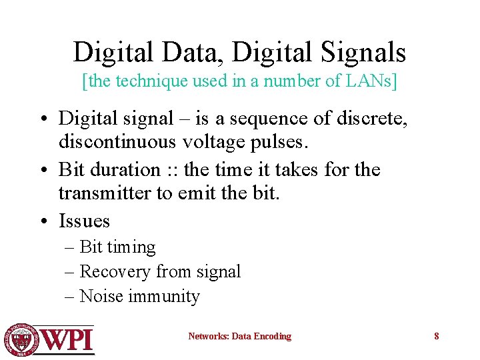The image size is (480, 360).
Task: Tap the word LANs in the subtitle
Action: (369, 82)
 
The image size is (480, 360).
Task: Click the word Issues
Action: (84, 221)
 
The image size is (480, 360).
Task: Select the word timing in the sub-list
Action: (131, 247)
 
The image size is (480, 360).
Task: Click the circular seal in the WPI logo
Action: (21, 339)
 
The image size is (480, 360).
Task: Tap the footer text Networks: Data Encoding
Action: (239, 336)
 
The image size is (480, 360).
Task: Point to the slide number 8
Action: (437, 336)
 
